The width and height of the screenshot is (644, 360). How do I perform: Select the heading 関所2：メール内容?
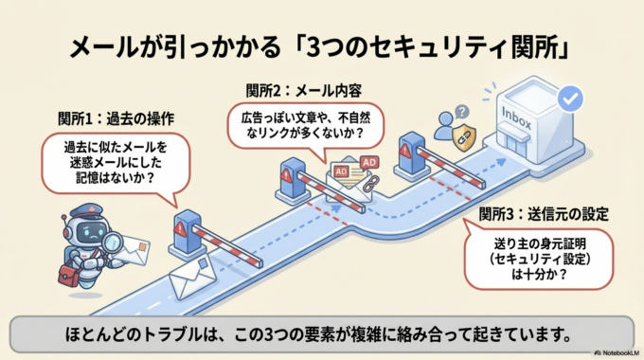pos(303,91)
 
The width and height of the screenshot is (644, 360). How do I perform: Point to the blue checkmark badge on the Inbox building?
pos(569,97)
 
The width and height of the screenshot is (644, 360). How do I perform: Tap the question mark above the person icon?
pos(460,111)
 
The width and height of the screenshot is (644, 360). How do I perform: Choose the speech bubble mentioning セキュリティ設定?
pos(542,253)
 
